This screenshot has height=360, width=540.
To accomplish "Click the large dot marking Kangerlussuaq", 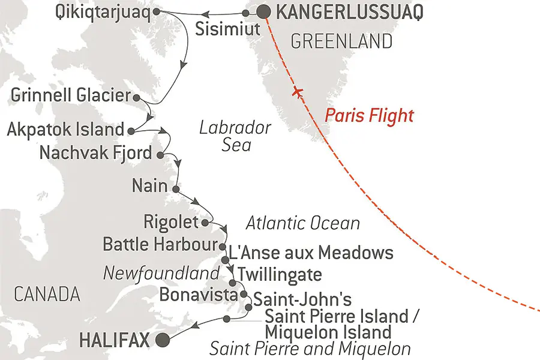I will pos(264,11).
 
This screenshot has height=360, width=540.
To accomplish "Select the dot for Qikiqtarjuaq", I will pos(157,11).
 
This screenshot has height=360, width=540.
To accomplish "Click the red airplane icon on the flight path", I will pos(296,92).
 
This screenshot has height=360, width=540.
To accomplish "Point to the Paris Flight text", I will pos(369,115).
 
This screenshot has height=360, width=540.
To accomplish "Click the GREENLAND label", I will pos(341,41).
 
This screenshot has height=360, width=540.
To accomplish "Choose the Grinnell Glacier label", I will pos(71,96).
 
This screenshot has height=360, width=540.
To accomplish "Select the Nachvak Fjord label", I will pos(95,153).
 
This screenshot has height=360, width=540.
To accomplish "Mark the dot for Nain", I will pos(176,190).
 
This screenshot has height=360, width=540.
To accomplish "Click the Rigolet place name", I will pos(170,222).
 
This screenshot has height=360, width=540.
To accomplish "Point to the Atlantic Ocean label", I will pos(303,224).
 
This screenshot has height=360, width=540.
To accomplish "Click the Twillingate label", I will pos(280,275).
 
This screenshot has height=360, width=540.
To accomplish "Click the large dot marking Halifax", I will pos(161,341).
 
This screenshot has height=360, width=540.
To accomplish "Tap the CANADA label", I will pos(47,294).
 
